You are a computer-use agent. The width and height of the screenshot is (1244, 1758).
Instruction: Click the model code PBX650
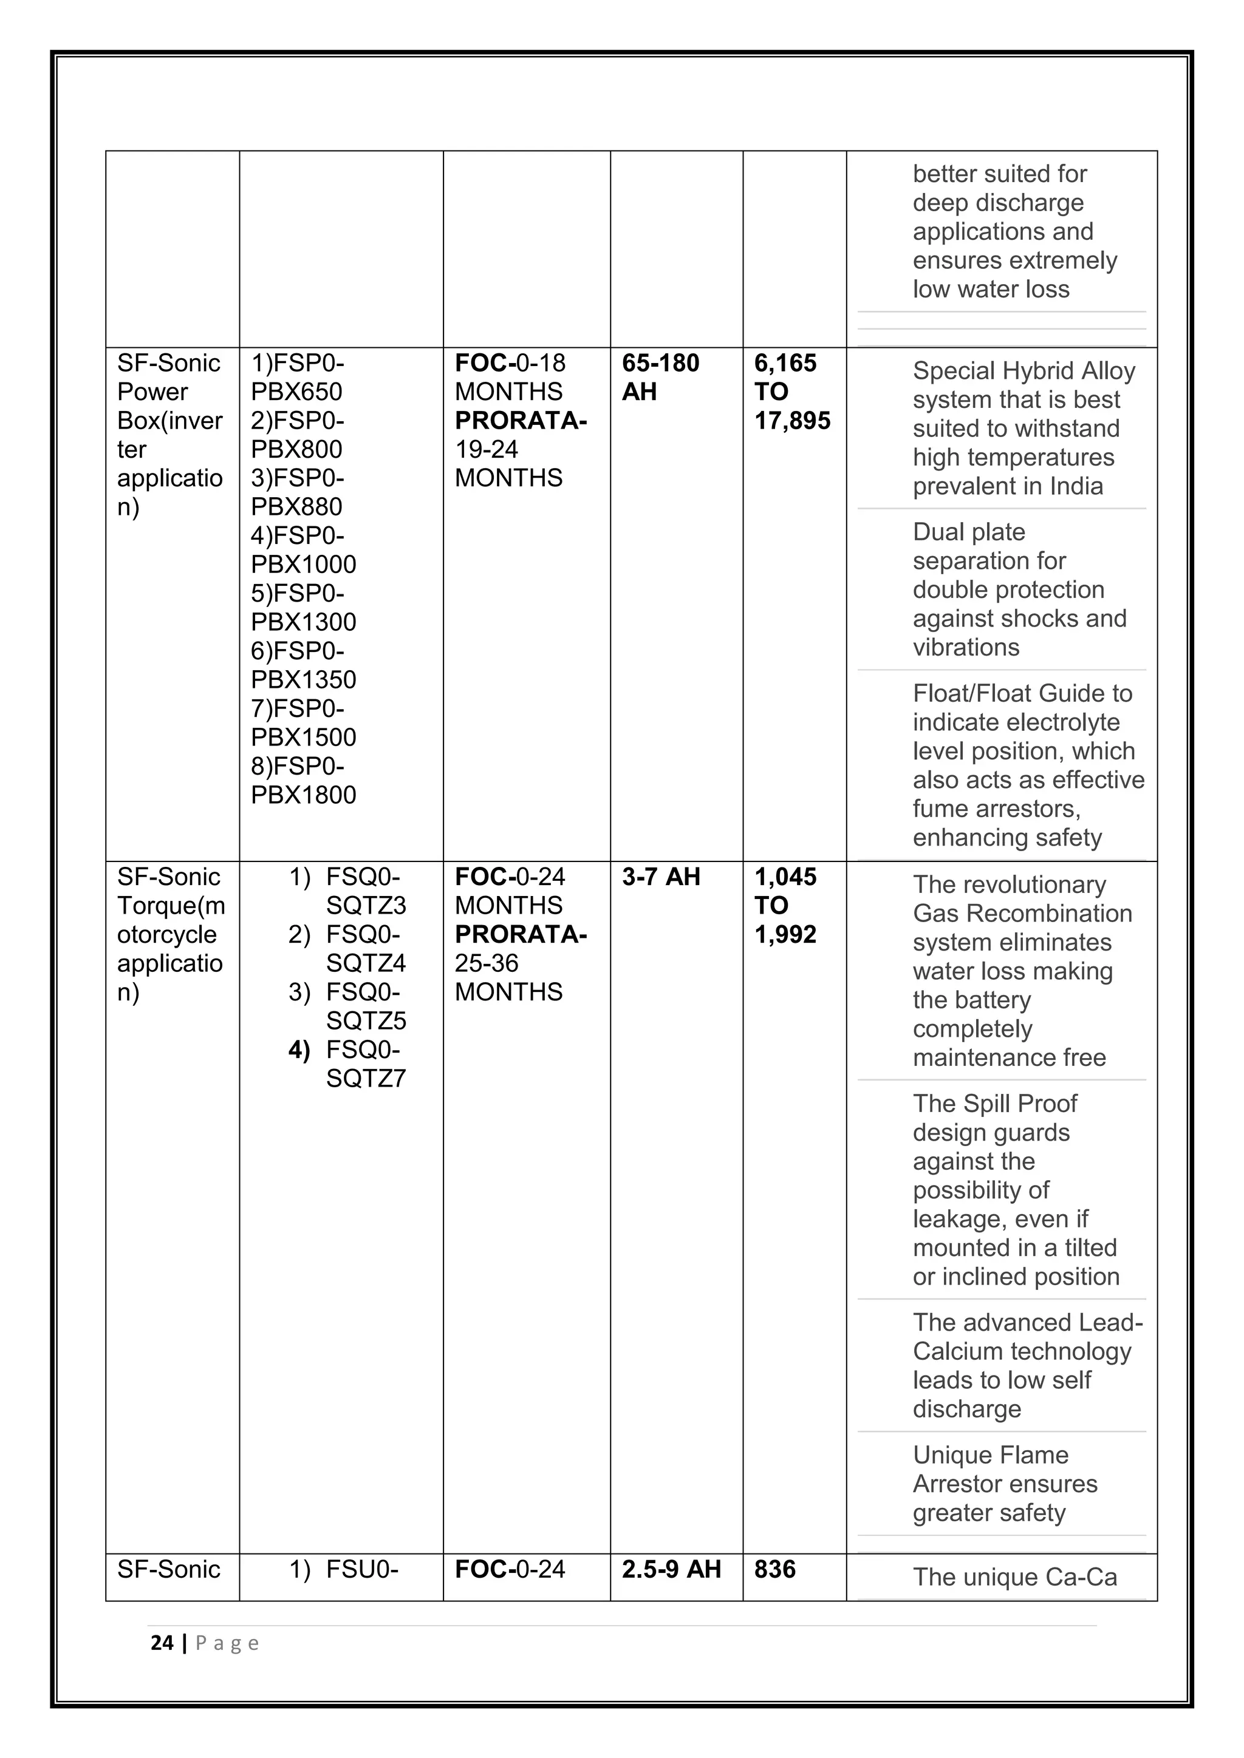[296, 392]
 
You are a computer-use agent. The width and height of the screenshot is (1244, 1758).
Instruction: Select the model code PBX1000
[303, 565]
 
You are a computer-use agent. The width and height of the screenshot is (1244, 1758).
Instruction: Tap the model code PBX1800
[303, 795]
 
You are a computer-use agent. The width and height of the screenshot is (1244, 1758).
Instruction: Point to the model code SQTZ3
[366, 906]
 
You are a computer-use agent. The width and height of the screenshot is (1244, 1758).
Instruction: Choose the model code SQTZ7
[366, 1079]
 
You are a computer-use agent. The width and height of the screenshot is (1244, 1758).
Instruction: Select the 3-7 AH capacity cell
[661, 877]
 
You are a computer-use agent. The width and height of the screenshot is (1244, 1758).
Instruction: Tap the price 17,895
[792, 420]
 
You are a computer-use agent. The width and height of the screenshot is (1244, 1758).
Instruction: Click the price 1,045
[785, 877]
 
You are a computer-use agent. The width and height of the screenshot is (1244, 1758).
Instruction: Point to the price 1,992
[785, 934]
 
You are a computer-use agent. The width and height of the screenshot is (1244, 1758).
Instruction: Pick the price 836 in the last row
[774, 1570]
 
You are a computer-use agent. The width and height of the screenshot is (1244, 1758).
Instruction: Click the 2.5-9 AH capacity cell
[671, 1570]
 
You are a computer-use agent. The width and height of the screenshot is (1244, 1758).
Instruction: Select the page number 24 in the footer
[162, 1643]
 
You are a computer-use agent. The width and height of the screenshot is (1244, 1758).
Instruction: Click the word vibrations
[966, 648]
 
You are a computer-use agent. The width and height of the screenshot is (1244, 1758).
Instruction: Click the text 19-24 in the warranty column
[487, 449]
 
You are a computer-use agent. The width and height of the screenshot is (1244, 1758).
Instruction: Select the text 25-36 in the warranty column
[487, 963]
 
